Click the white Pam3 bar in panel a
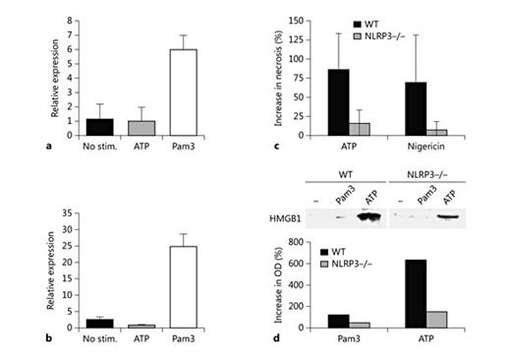187,92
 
